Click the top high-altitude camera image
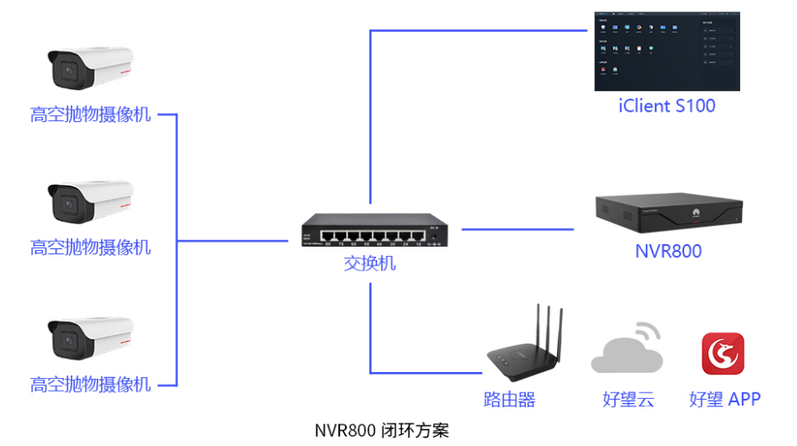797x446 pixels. click(90, 69)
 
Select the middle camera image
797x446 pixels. click(90, 201)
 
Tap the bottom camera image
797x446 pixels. click(90, 338)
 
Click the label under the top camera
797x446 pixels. click(90, 114)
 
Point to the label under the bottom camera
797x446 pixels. click(90, 384)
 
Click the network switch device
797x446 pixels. click(376, 229)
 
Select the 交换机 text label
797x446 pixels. click(370, 263)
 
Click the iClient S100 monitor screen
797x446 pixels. click(667, 51)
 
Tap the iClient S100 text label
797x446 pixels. click(667, 107)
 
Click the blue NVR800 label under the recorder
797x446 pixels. click(668, 251)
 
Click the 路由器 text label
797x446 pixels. click(509, 400)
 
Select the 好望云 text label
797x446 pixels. click(628, 400)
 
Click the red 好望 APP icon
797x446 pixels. click(723, 353)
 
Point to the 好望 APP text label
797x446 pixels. click(725, 400)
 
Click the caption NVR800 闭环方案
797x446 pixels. click(382, 430)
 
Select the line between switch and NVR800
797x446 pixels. click(516, 229)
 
